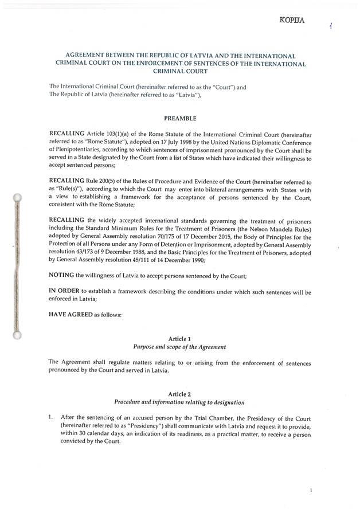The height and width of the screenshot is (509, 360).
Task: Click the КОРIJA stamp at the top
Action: (x=292, y=21)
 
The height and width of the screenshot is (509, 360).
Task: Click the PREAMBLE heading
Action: (x=181, y=119)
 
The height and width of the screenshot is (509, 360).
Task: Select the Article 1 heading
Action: (x=181, y=339)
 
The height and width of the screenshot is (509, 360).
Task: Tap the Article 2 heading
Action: (x=180, y=394)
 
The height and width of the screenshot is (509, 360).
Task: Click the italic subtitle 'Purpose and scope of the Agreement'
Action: (x=180, y=347)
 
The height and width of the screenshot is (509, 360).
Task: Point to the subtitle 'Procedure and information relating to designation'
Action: (x=180, y=402)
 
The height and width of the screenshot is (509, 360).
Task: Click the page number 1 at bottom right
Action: (x=310, y=491)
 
